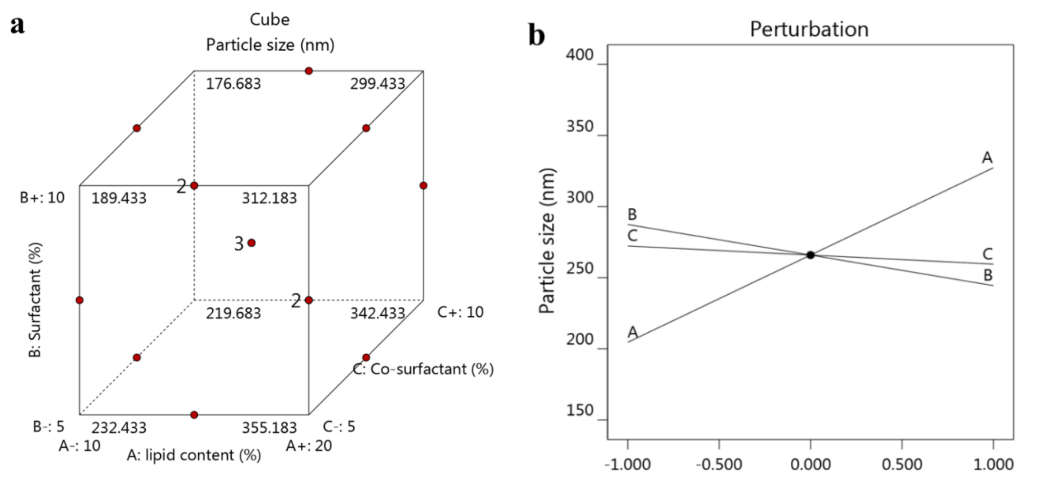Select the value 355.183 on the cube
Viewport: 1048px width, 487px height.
coord(269,428)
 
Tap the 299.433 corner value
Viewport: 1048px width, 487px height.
coord(378,84)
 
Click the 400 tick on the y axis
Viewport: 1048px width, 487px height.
coord(580,55)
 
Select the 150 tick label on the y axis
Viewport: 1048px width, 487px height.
coord(580,411)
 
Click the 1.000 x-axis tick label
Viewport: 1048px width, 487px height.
coord(993,464)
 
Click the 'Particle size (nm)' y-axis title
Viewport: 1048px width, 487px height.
coord(547,241)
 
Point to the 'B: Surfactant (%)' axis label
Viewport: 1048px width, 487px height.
coord(35,300)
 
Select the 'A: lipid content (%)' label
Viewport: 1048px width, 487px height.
coord(194,455)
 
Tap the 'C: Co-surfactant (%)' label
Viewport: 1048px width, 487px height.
coord(423,369)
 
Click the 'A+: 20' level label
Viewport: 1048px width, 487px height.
coord(309,446)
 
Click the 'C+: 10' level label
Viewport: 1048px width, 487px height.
coord(460,312)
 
